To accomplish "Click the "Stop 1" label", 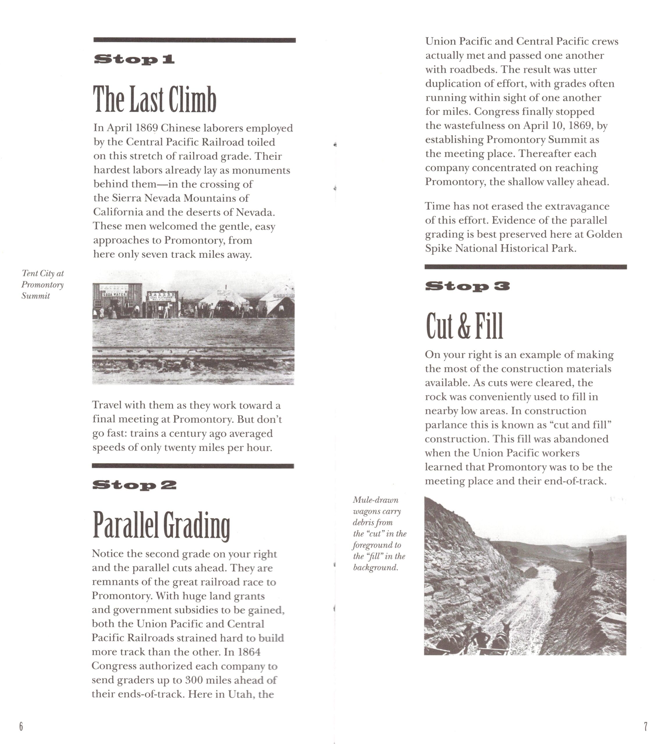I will [x=134, y=59].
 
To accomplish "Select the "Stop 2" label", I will [x=134, y=485].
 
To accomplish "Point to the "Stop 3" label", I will [x=467, y=286].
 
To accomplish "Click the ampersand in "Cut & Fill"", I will [x=464, y=326].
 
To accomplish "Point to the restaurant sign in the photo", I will [x=163, y=297].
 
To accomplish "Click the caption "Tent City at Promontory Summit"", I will [x=42, y=285].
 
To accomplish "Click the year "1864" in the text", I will [x=249, y=652].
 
